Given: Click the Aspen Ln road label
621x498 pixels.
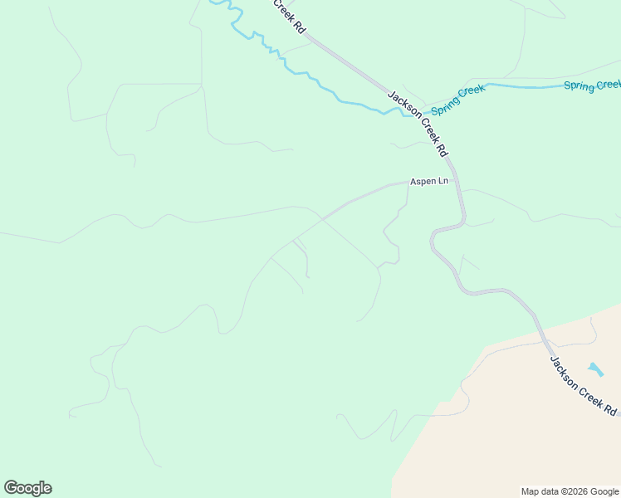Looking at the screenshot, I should [428, 182].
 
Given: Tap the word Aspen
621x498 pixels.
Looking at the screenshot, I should [423, 182].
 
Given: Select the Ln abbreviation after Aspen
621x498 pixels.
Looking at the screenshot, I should [443, 182].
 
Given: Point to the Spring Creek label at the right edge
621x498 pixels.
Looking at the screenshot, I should [592, 85].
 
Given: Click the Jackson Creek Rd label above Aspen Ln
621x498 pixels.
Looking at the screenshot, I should [418, 124].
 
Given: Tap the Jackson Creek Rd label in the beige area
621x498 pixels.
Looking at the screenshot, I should [584, 386].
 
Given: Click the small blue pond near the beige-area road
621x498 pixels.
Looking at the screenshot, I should [595, 368].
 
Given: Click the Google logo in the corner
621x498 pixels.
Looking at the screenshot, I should [27, 488].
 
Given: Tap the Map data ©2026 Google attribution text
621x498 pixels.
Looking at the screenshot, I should [570, 491].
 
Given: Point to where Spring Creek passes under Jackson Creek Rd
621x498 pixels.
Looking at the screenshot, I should [412, 111].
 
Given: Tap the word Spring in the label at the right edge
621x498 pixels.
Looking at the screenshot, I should [578, 85].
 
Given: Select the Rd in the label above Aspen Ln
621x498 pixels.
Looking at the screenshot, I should [442, 150].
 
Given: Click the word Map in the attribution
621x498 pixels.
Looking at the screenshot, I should [530, 491].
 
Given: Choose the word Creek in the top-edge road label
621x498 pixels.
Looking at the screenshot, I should [284, 11].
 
